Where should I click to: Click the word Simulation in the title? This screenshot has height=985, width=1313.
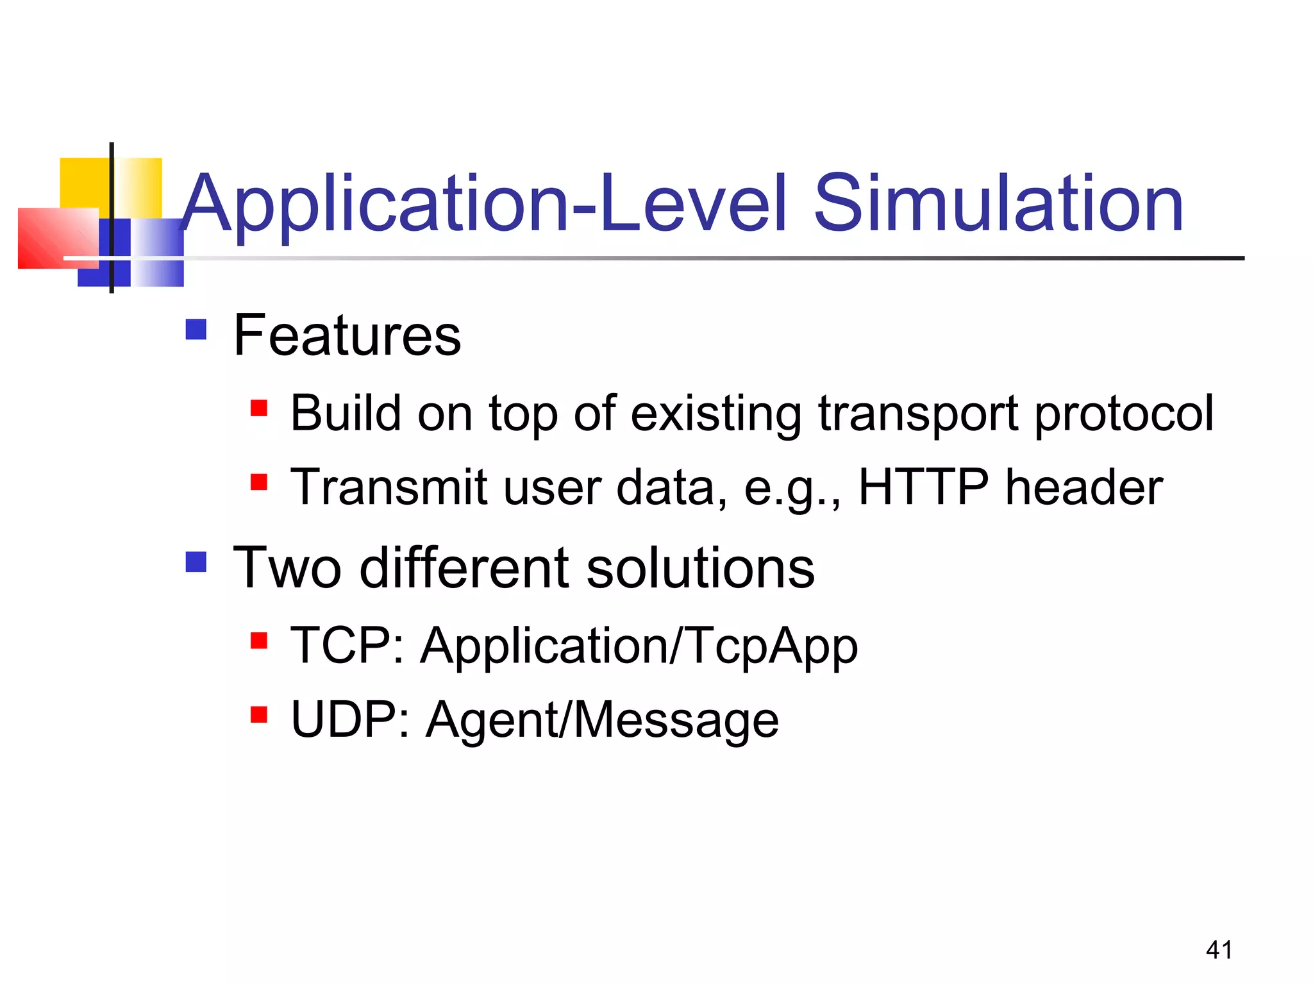coord(998,204)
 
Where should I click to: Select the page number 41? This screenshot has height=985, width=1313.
coord(1219,950)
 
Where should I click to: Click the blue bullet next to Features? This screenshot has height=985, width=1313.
coord(196,330)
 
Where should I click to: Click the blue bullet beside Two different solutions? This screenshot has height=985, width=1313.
coord(196,562)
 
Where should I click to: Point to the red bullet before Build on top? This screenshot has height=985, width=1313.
coord(259,408)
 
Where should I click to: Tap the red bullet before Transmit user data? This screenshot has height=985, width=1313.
coord(259,482)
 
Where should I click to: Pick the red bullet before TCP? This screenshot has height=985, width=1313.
coord(259,640)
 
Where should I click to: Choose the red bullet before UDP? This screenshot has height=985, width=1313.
coord(259,714)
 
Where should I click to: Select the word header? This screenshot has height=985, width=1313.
coord(1083,487)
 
